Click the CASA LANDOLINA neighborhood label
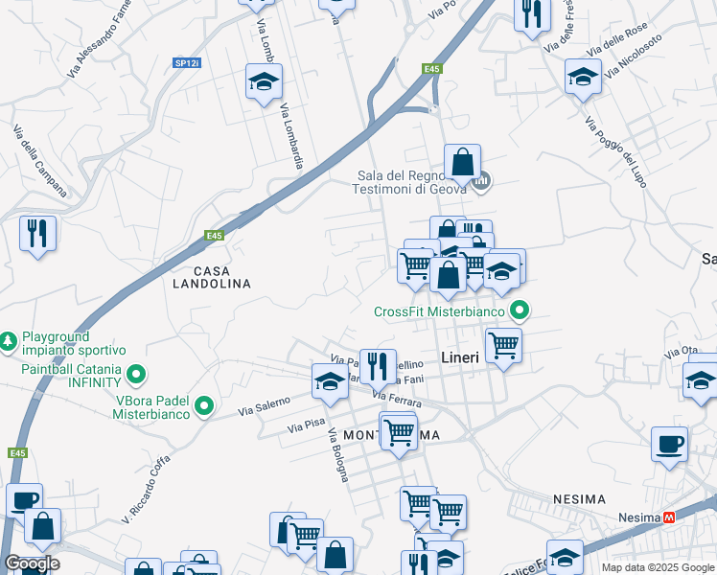point(211,277)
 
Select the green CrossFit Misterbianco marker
point(520,310)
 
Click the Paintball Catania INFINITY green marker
point(136,374)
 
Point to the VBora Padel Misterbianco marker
point(203,406)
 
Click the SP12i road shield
point(187,63)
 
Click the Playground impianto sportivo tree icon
point(9,340)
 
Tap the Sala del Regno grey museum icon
point(483,179)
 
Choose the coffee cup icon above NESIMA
point(670,444)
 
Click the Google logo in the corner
point(31,563)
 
